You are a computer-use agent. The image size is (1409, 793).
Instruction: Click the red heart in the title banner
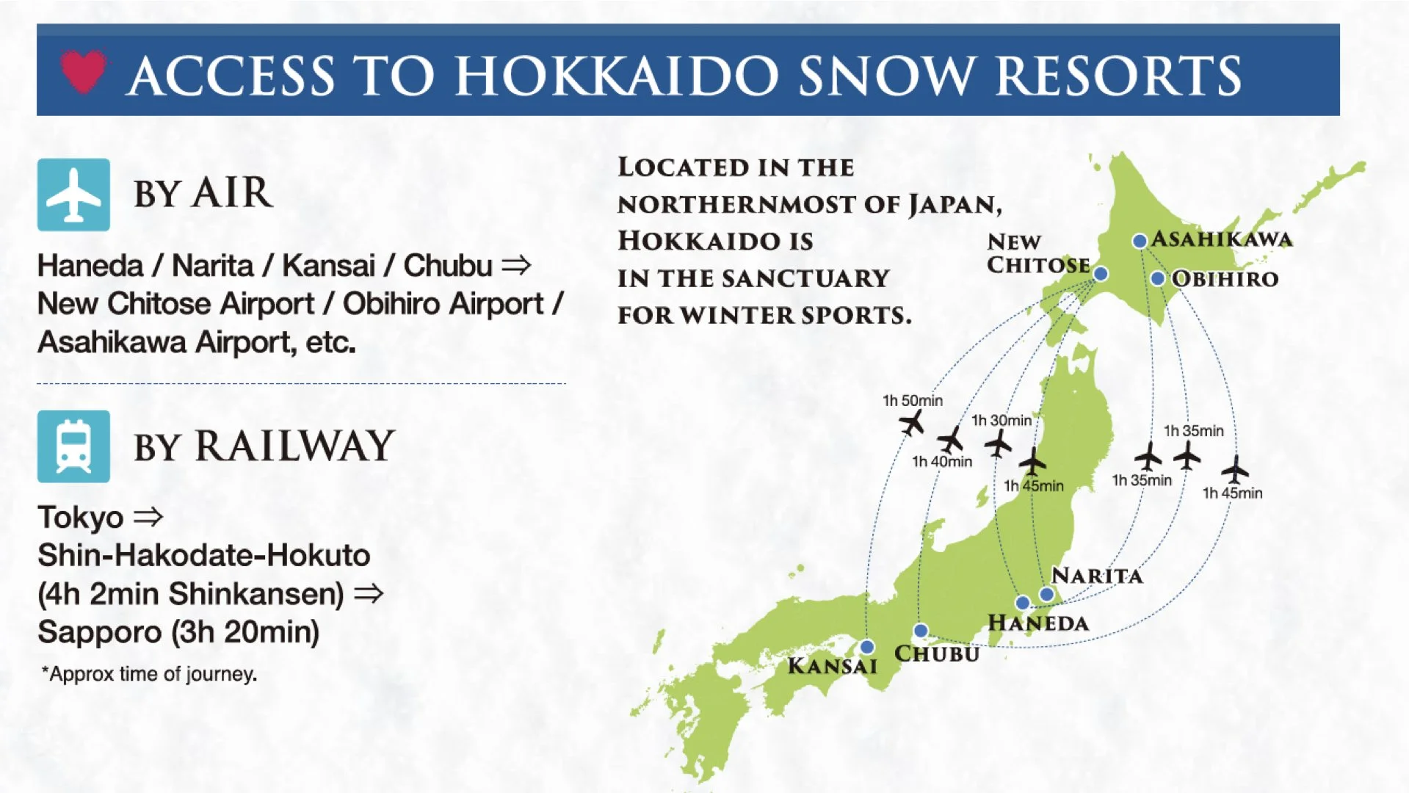[x=83, y=71]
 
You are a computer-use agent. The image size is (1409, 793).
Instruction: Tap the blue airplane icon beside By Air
[x=73, y=195]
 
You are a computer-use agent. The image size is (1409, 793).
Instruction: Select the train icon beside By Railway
[x=73, y=446]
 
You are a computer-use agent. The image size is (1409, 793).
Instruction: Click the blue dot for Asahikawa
[x=1140, y=241]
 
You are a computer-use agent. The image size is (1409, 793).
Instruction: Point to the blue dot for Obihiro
[x=1158, y=278]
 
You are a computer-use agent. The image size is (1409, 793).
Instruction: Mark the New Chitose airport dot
[x=1101, y=274]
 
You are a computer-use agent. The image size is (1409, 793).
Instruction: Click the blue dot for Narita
[x=1047, y=594]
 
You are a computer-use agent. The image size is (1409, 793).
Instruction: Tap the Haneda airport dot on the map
[x=1022, y=603]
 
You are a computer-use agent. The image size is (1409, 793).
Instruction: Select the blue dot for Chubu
[x=921, y=631]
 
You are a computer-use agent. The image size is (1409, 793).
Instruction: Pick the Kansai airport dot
[x=867, y=647]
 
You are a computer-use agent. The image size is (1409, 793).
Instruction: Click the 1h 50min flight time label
[x=913, y=401]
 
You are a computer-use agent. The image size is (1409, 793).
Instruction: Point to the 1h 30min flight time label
[x=1001, y=421]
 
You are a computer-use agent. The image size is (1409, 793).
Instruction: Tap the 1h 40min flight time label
[x=942, y=462]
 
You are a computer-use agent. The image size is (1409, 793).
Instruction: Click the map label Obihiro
[x=1225, y=279]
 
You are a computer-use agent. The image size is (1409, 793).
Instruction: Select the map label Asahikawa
[x=1222, y=239]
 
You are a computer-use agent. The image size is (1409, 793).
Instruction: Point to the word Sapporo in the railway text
[x=100, y=632]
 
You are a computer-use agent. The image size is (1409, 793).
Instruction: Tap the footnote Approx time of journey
[x=150, y=674]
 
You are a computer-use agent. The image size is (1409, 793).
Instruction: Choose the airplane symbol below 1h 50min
[x=911, y=423]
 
